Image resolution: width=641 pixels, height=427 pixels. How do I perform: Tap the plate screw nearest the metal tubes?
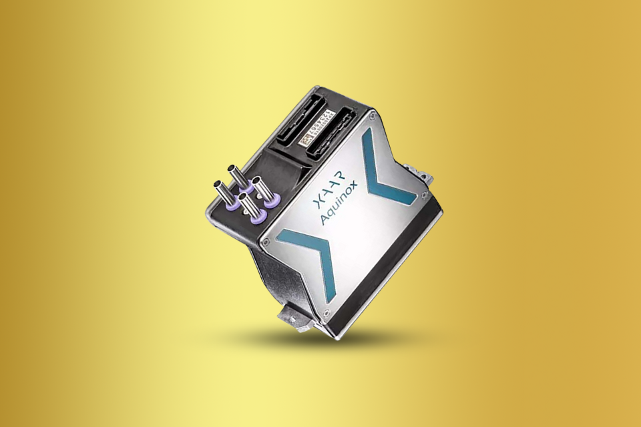[x=266, y=243]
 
